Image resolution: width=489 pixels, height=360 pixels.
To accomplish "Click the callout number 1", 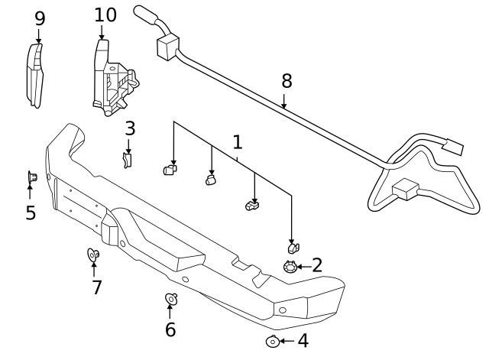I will click(238, 142).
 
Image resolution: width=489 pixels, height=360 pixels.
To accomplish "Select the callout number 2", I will click(316, 265).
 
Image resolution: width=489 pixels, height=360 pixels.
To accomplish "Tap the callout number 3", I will click(130, 128).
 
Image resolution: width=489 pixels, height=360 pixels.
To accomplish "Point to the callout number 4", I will click(303, 341).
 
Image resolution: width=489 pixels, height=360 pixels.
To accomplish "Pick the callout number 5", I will click(31, 213).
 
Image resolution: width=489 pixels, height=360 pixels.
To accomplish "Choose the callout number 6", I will click(170, 329).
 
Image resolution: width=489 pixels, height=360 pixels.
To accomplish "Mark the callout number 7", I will click(97, 287).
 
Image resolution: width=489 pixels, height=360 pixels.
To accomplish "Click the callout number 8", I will click(287, 81).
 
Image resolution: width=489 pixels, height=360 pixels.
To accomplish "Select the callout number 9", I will click(40, 19).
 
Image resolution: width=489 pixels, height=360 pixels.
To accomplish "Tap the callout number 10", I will click(105, 15).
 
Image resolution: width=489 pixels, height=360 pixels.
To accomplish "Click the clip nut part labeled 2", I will click(290, 267).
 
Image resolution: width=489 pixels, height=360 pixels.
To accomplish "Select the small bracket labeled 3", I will click(128, 159).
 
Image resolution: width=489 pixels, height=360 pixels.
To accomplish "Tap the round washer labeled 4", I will click(272, 342).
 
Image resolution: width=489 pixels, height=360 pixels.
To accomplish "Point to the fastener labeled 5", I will click(32, 177).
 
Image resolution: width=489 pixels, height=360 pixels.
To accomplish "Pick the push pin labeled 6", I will click(171, 298).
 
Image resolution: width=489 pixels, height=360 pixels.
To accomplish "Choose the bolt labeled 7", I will click(93, 254).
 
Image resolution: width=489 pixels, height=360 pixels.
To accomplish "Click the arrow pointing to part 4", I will click(286, 341).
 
